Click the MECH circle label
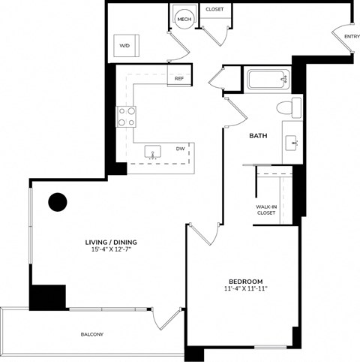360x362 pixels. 182,19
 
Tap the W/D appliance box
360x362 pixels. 124,45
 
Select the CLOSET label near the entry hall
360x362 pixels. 215,10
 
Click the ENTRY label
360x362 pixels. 350,36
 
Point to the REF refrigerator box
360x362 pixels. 179,78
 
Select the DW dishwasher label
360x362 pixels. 181,149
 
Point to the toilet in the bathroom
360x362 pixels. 286,108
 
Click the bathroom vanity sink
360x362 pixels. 292,140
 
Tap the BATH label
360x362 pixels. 259,136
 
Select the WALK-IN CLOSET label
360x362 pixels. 266,210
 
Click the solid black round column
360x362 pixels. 58,202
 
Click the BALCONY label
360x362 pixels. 92,333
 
